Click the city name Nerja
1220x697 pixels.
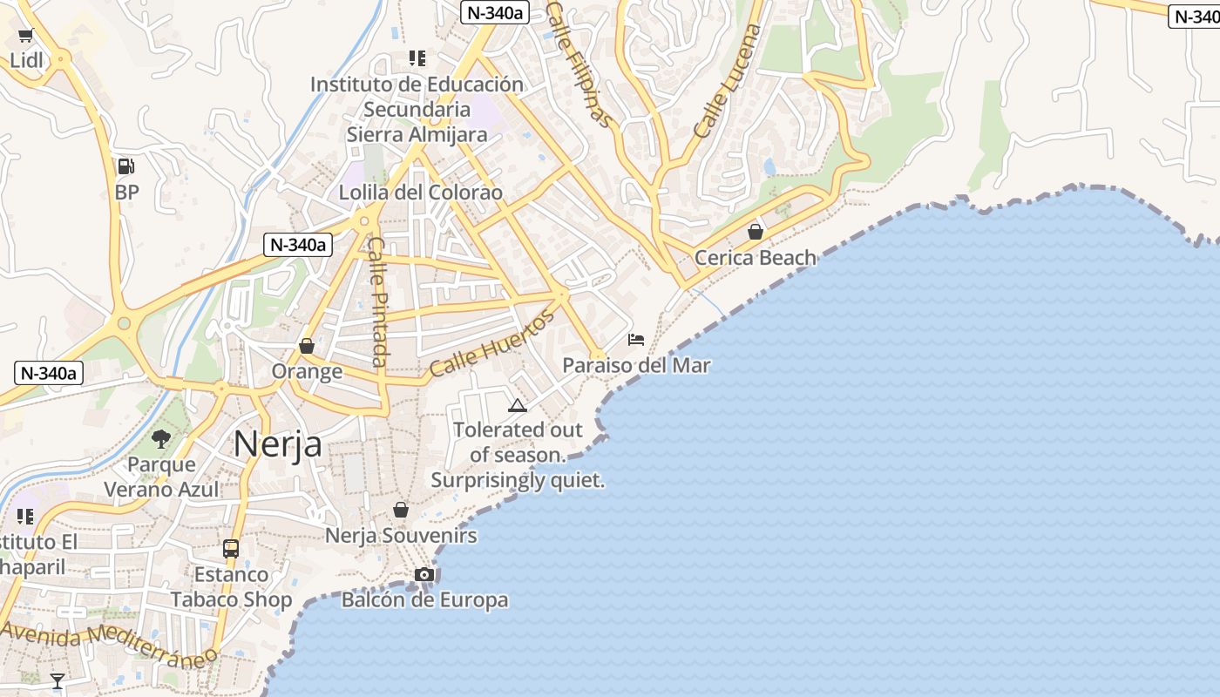(278, 444)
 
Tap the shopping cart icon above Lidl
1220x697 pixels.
(25, 36)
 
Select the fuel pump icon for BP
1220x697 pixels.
(126, 166)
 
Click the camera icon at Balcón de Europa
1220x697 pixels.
(424, 574)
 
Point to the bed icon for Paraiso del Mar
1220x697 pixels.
(636, 339)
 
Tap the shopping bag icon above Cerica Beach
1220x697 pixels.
(756, 232)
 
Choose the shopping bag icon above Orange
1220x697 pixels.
(307, 346)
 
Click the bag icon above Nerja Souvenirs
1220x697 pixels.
(401, 510)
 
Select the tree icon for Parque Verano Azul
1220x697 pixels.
(161, 438)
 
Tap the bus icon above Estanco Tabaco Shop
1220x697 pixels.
(231, 549)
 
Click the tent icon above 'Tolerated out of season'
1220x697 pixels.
(518, 405)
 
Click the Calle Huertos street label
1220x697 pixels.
(492, 345)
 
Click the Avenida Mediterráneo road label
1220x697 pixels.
(109, 643)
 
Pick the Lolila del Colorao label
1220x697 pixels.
(421, 193)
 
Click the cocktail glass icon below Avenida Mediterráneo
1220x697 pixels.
(58, 680)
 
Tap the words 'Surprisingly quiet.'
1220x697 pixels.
(518, 480)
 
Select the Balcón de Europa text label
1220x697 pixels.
(424, 599)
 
